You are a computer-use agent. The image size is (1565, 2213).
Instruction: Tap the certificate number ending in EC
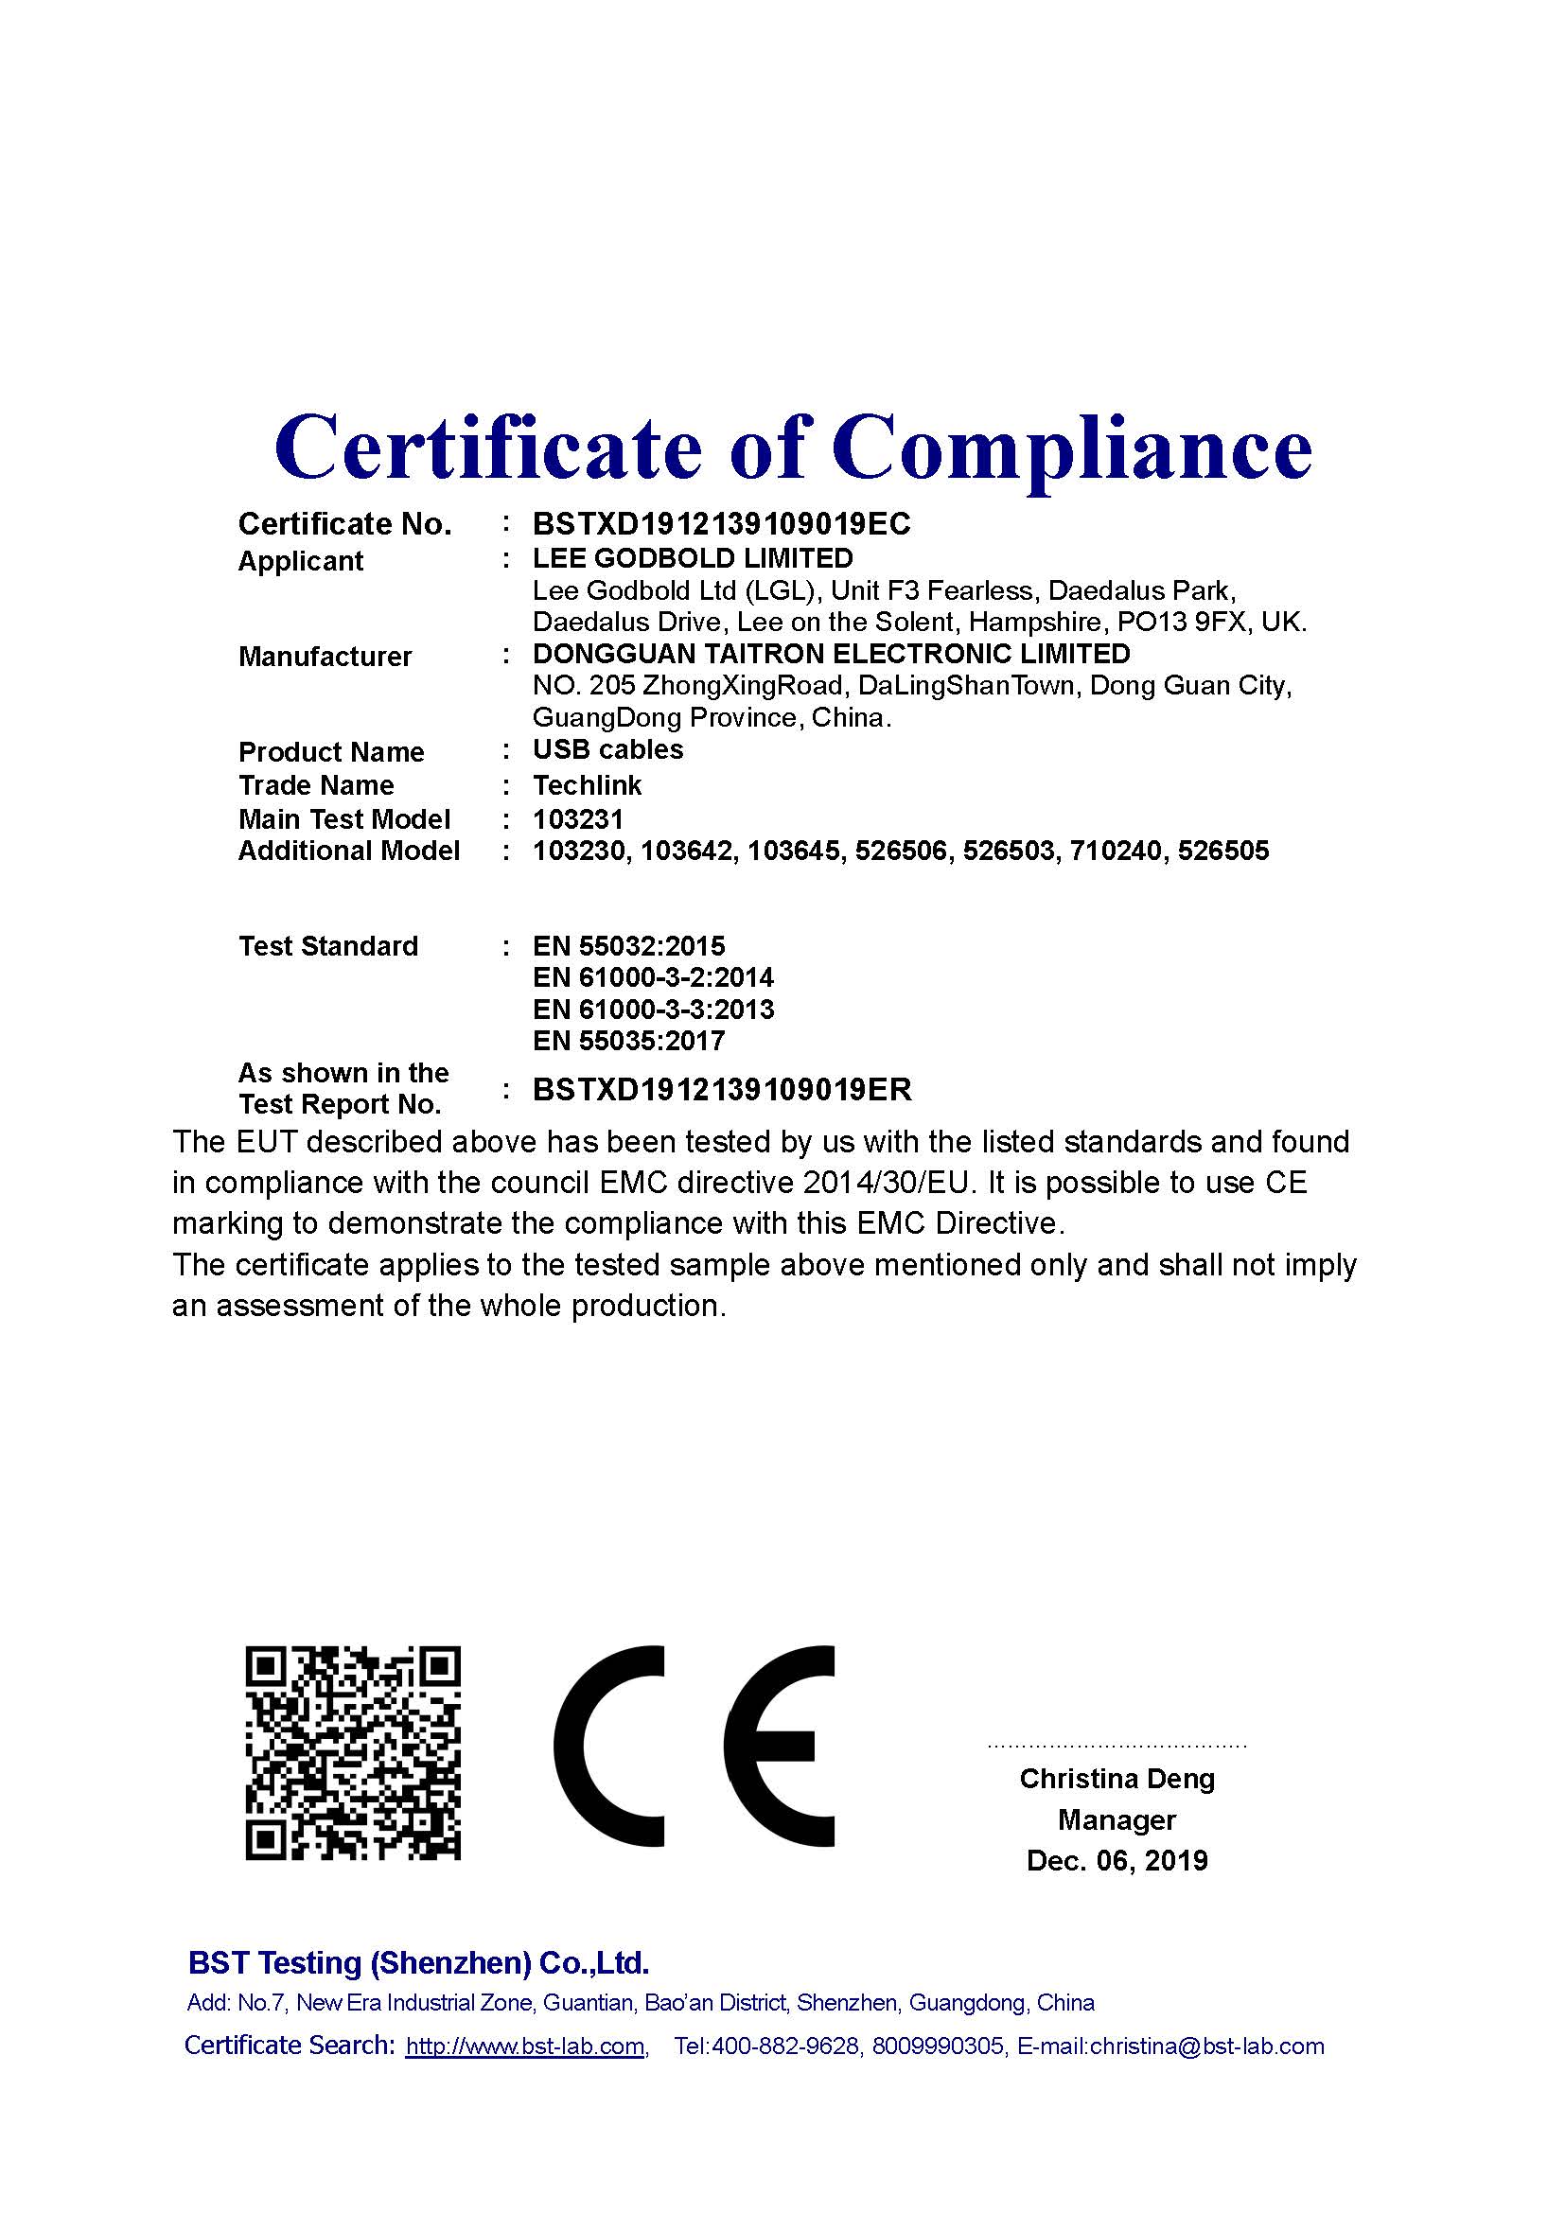(721, 524)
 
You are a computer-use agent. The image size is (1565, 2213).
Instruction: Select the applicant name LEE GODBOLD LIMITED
(693, 558)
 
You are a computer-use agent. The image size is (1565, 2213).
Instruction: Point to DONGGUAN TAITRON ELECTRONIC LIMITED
(831, 654)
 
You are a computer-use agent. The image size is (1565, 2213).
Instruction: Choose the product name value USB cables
(608, 750)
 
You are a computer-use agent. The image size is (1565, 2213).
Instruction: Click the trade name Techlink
(587, 785)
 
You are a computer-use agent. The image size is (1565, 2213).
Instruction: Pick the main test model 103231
(578, 819)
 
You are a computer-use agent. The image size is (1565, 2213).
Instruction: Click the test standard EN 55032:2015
(628, 946)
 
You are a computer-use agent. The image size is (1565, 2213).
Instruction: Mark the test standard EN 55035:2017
(628, 1041)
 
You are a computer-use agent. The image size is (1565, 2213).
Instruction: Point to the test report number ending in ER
(722, 1090)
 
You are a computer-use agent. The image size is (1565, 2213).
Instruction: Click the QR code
(353, 1754)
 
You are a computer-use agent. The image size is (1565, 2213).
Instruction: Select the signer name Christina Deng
(1117, 1779)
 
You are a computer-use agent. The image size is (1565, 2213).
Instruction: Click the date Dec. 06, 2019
(1117, 1860)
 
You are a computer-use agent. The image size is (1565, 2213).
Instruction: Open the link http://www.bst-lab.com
(524, 2046)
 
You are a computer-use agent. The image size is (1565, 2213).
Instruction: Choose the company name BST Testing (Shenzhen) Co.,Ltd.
(418, 1962)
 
